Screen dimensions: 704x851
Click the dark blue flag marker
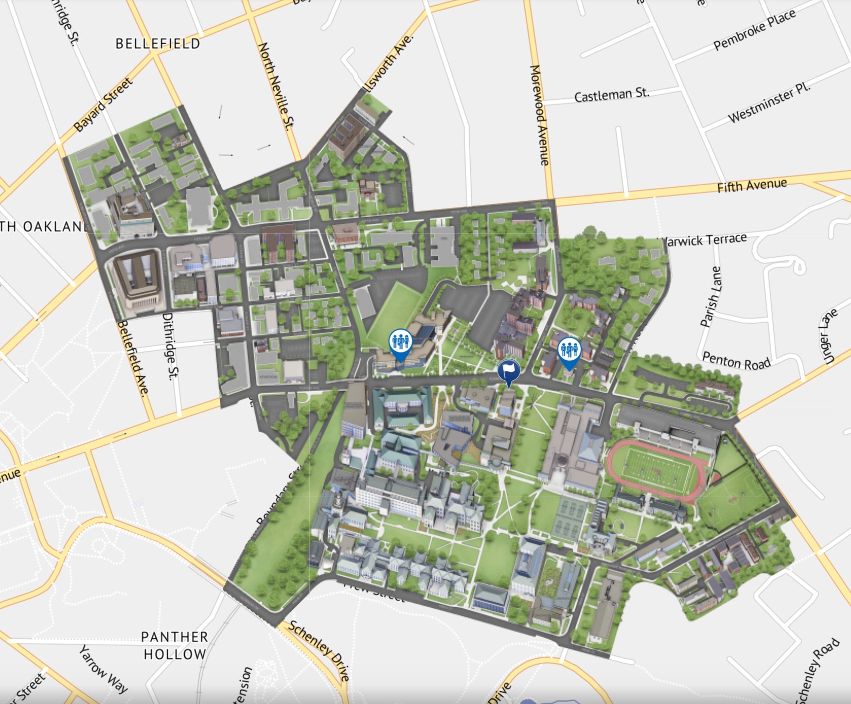click(508, 370)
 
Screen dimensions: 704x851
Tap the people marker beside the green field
click(400, 342)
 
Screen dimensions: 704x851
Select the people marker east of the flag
click(569, 350)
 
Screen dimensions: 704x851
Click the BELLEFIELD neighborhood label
click(157, 44)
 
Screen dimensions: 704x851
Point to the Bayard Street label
click(103, 105)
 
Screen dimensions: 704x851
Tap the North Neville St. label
click(276, 85)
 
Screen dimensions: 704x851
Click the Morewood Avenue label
click(540, 115)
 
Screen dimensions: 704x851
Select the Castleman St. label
click(611, 95)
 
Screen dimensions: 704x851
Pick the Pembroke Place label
click(754, 30)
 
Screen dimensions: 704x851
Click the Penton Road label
click(736, 361)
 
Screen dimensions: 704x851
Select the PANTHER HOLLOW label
click(175, 645)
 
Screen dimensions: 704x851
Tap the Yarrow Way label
click(103, 669)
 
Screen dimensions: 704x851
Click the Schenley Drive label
click(319, 650)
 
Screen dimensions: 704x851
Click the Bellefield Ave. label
click(133, 358)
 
